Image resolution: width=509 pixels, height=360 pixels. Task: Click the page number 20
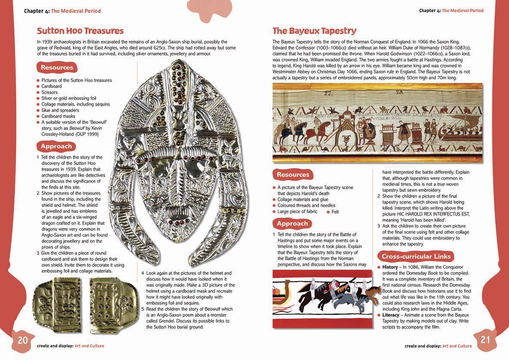tap(22, 340)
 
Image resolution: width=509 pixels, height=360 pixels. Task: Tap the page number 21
tap(485, 339)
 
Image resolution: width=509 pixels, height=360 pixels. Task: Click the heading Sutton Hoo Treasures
tap(80, 31)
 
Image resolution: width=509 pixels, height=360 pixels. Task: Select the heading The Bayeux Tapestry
tap(314, 31)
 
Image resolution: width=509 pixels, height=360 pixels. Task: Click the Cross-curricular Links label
tap(416, 257)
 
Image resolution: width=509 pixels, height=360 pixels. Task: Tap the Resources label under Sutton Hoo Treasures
tap(57, 67)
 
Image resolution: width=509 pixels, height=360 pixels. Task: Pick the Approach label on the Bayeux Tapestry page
tap(292, 223)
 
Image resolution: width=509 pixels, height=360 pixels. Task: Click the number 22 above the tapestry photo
tap(329, 92)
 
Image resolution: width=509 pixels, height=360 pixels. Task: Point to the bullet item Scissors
tap(49, 92)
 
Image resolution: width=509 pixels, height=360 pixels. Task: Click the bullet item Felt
tap(335, 212)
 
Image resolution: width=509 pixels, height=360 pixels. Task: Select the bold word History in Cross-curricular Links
tap(390, 267)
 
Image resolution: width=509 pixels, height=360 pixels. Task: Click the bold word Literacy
tap(391, 315)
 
